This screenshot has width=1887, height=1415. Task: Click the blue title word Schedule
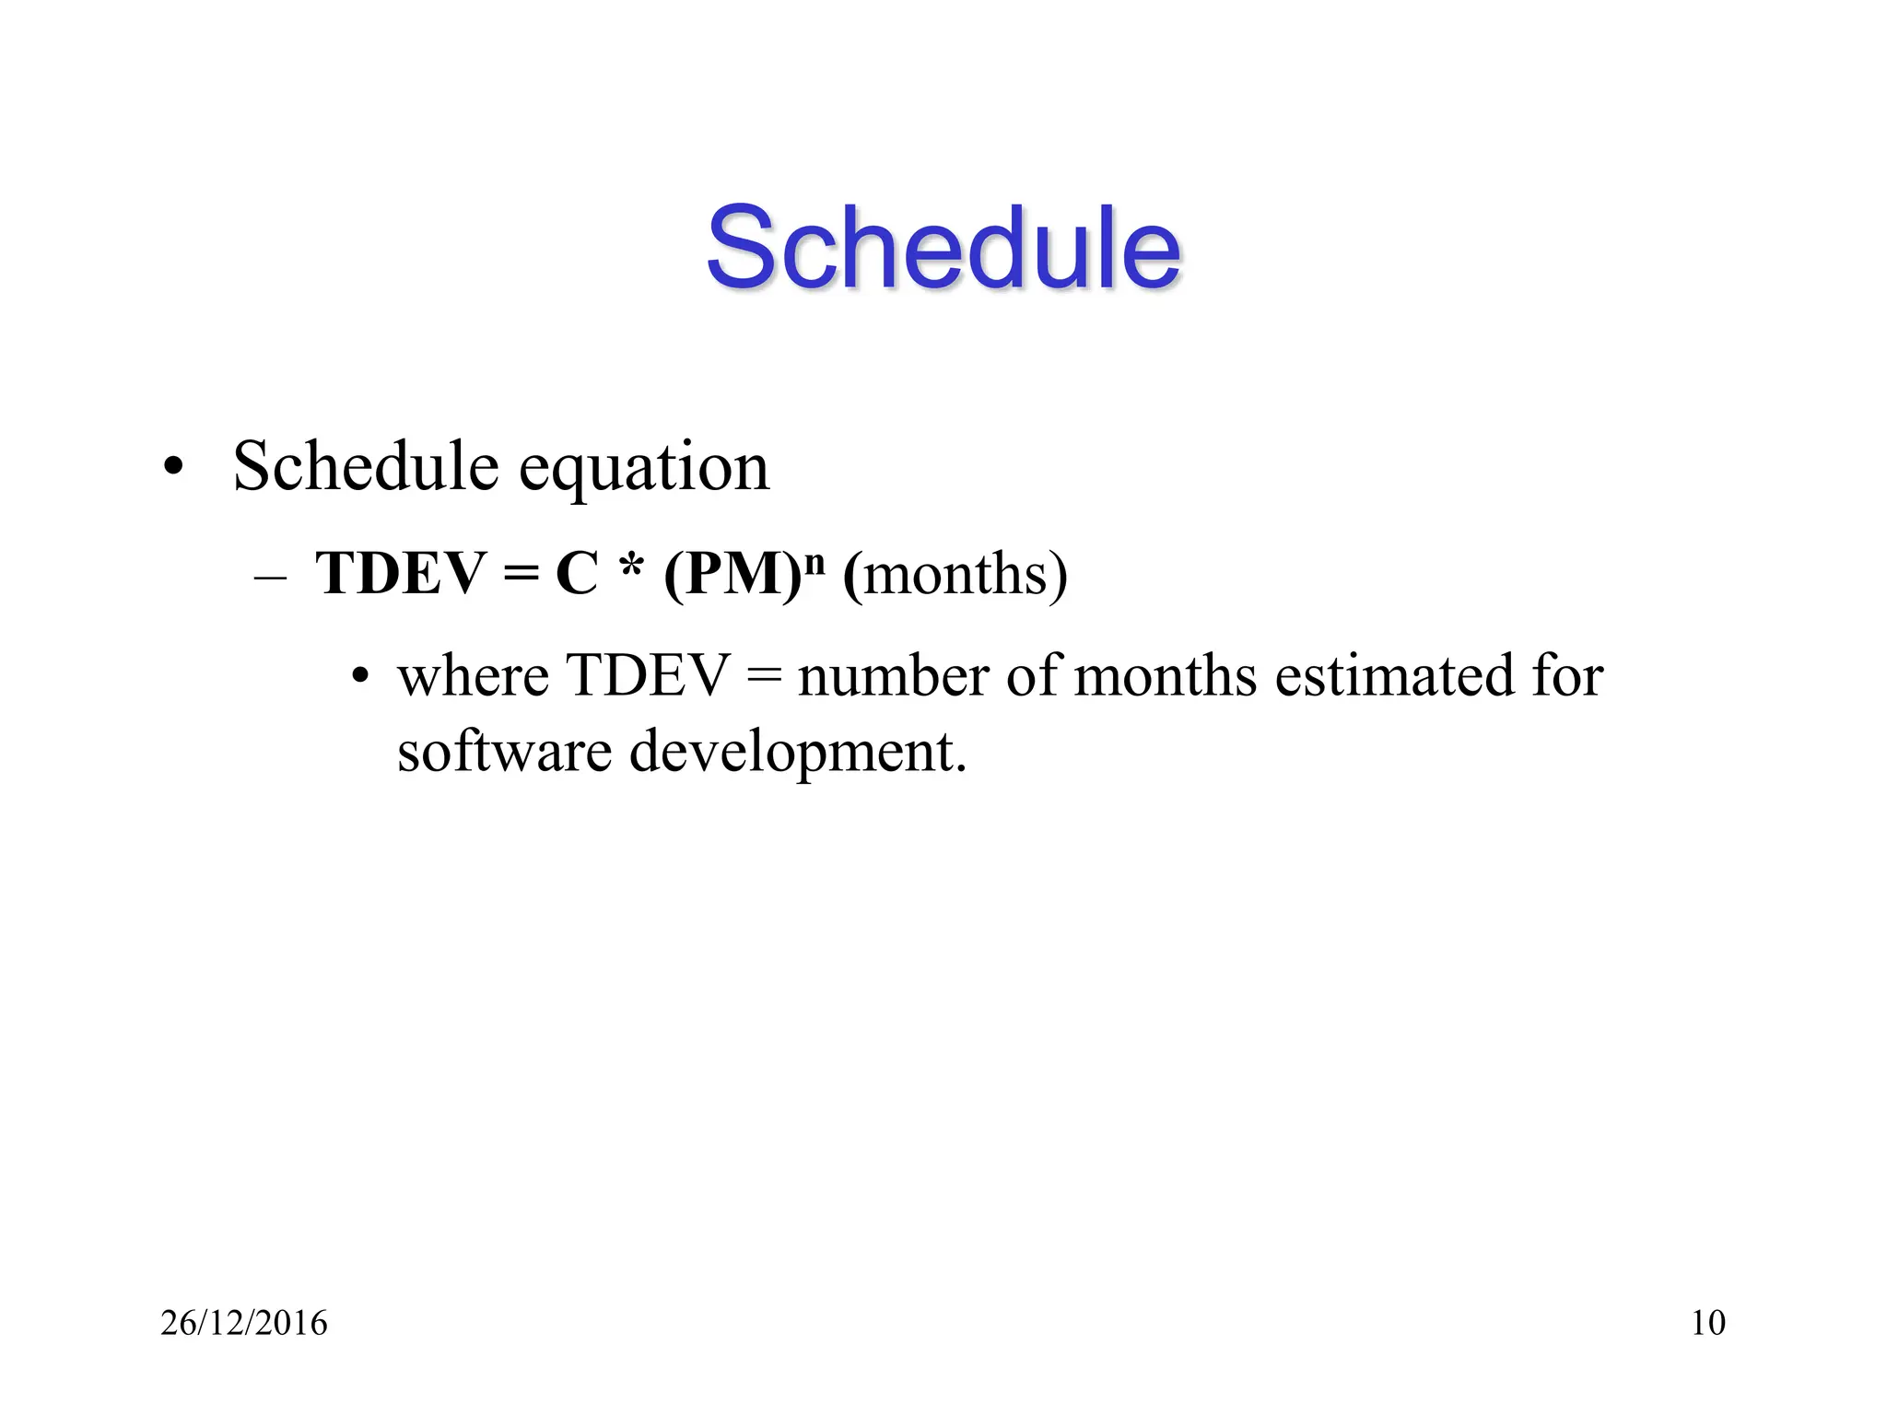click(943, 247)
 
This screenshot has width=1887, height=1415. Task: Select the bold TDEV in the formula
click(401, 573)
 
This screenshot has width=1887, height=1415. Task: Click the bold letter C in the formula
click(578, 573)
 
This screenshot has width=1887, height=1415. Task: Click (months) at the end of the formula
click(955, 575)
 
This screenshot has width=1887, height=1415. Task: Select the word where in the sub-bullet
click(473, 676)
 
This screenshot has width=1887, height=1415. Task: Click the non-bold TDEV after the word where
click(648, 676)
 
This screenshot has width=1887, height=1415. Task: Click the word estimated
click(1393, 676)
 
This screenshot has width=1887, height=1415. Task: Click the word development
click(797, 754)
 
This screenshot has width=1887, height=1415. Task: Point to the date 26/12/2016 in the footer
click(244, 1323)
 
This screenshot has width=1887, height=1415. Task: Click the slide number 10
click(1708, 1323)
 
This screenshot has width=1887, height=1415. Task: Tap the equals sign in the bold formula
click(521, 575)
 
